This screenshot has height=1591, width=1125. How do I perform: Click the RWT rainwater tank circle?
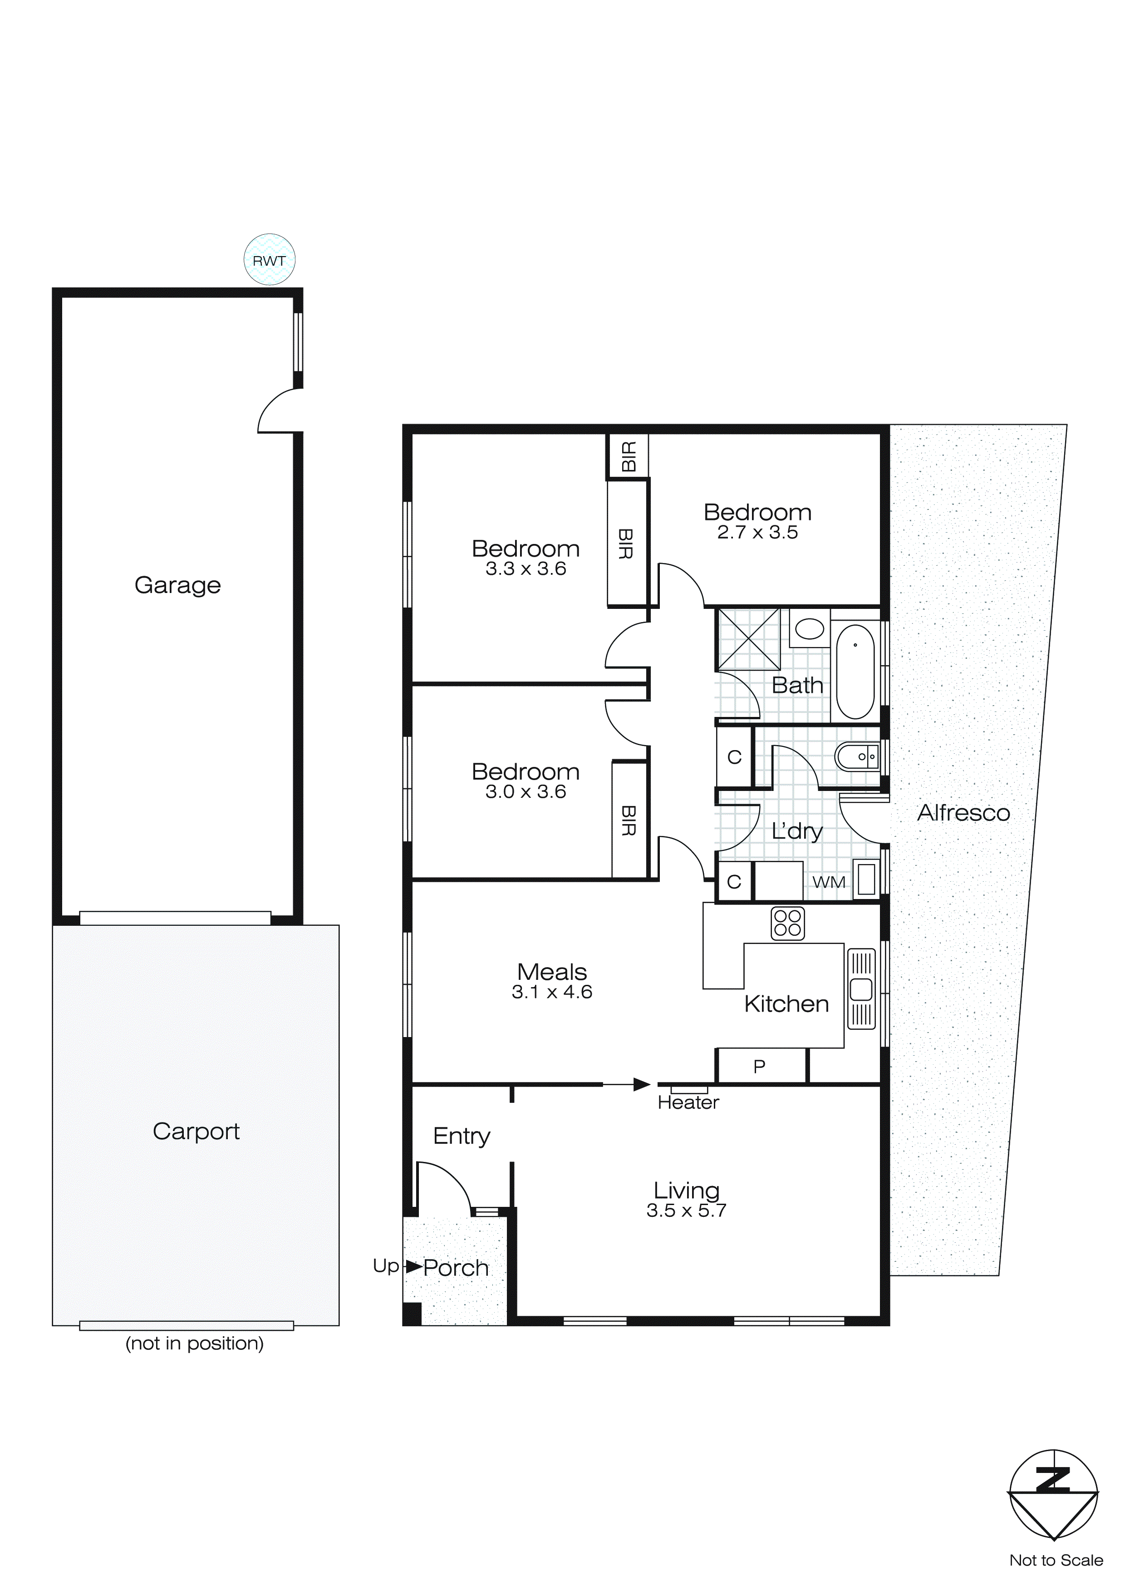[x=270, y=260]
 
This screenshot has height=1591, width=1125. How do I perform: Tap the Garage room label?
[x=177, y=585]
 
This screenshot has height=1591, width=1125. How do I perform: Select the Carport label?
[x=196, y=1131]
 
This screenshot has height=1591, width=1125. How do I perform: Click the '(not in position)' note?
[x=195, y=1343]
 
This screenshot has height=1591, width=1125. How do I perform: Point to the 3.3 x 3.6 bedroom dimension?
[x=526, y=569]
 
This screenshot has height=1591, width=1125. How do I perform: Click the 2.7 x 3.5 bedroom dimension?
[x=757, y=532]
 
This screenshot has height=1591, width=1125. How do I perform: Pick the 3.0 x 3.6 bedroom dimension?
[x=526, y=791]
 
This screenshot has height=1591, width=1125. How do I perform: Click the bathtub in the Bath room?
[x=855, y=672]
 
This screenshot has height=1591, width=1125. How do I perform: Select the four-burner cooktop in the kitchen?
[x=788, y=923]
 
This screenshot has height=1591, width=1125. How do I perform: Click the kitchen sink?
[x=861, y=989]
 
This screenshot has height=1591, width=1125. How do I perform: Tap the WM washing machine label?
[x=829, y=882]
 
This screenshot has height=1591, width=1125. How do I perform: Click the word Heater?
[x=688, y=1102]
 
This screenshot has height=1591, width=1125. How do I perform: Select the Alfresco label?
[x=963, y=812]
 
